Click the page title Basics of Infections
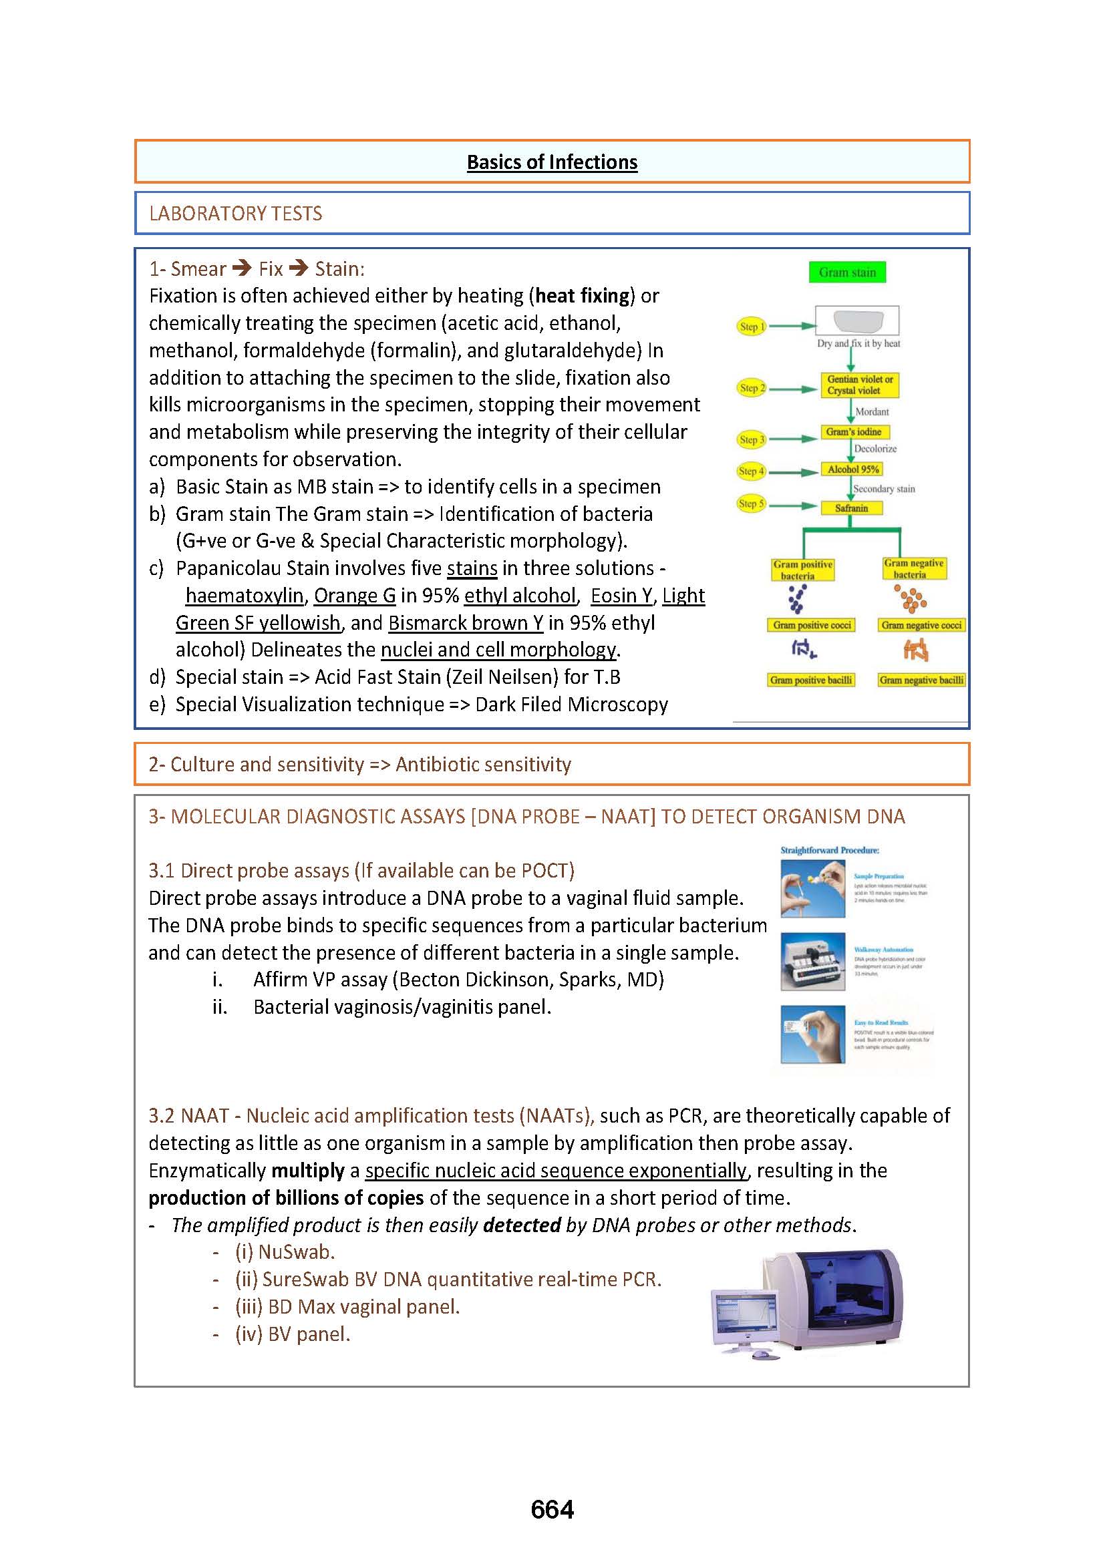click(x=552, y=162)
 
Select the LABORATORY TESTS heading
click(x=235, y=214)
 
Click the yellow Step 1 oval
click(x=751, y=327)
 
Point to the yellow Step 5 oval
click(x=751, y=504)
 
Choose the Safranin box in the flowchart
click(x=851, y=508)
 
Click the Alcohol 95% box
click(x=852, y=469)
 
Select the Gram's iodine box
click(x=853, y=432)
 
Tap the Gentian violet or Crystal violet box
click(x=859, y=385)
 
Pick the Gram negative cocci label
click(x=921, y=625)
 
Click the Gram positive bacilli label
click(x=810, y=680)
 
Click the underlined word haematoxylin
click(x=245, y=596)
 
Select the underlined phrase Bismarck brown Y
click(x=466, y=623)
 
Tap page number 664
click(x=552, y=1510)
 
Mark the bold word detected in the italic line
click(x=521, y=1225)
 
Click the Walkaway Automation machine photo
click(x=812, y=961)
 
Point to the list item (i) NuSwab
click(x=285, y=1252)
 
